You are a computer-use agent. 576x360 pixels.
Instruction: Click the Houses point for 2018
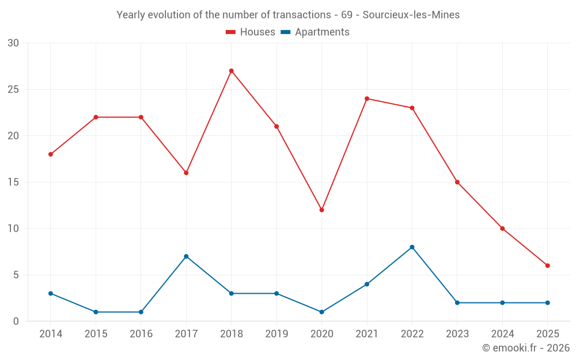point(231,71)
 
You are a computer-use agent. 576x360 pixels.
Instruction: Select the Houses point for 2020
point(321,210)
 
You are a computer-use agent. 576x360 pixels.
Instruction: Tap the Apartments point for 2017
point(186,256)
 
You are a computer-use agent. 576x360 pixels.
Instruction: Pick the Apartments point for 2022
point(412,247)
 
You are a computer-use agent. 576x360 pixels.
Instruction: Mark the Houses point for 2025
point(548,266)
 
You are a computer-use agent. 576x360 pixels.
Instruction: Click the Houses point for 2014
point(51,154)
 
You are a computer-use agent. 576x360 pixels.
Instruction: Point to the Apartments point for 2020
point(321,312)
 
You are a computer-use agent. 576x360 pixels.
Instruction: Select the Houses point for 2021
point(367,98)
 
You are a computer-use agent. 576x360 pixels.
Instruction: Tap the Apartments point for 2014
point(51,293)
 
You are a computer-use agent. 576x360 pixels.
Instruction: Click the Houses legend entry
point(251,32)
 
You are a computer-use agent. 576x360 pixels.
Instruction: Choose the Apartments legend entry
point(315,32)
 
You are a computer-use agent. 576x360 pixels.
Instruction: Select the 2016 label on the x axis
point(141,334)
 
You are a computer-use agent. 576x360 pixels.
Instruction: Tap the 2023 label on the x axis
point(457,334)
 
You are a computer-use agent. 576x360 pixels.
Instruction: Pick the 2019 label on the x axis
point(276,334)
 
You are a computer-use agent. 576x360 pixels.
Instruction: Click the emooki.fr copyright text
point(526,348)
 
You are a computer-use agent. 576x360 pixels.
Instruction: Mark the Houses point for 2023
point(457,182)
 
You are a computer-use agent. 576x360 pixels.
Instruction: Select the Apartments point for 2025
point(548,302)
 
